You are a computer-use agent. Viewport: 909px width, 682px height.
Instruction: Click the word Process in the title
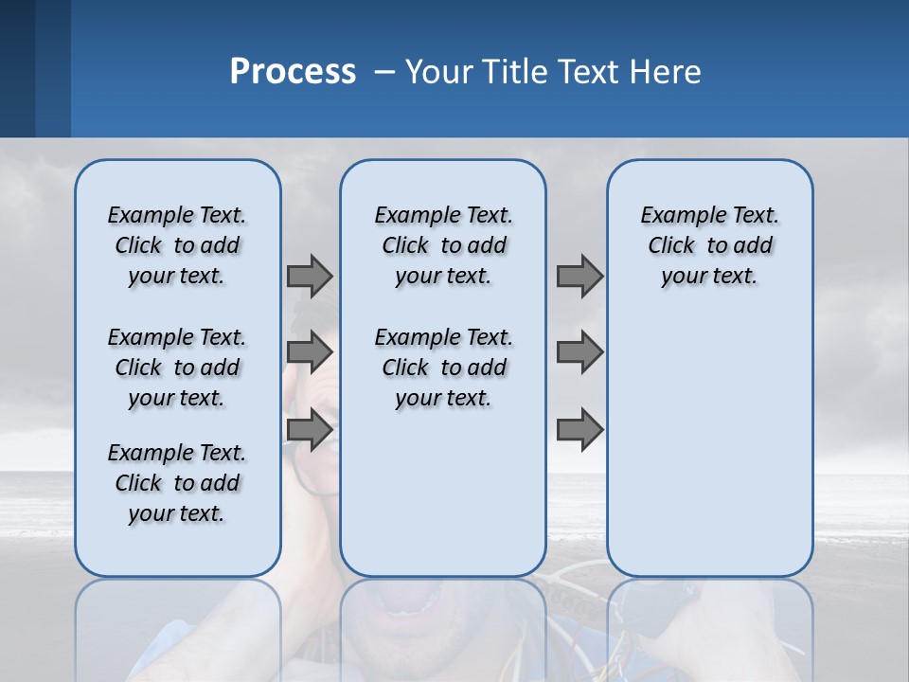pyautogui.click(x=293, y=72)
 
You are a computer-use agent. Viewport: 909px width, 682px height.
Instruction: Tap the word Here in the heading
pyautogui.click(x=668, y=72)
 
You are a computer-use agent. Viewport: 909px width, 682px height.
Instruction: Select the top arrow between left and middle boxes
pyautogui.click(x=310, y=276)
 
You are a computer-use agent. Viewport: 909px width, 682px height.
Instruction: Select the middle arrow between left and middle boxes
pyautogui.click(x=310, y=352)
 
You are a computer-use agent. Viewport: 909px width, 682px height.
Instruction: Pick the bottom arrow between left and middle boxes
pyautogui.click(x=310, y=430)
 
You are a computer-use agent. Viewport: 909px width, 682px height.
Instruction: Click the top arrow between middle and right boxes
pyautogui.click(x=579, y=276)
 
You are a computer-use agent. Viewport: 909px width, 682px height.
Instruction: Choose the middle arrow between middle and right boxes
pyautogui.click(x=579, y=352)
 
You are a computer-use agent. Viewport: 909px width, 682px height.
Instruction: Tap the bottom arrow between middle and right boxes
pyautogui.click(x=579, y=430)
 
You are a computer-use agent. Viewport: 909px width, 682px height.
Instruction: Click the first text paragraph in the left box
pyautogui.click(x=177, y=245)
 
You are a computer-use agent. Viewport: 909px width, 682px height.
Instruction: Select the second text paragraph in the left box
pyautogui.click(x=177, y=368)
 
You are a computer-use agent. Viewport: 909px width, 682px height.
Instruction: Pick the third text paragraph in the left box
pyautogui.click(x=177, y=483)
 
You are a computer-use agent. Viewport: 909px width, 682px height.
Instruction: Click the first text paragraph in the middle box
pyautogui.click(x=443, y=245)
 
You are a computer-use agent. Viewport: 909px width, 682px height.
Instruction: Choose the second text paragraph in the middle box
pyautogui.click(x=443, y=368)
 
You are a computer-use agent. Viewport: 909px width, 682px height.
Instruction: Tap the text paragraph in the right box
pyautogui.click(x=710, y=245)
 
